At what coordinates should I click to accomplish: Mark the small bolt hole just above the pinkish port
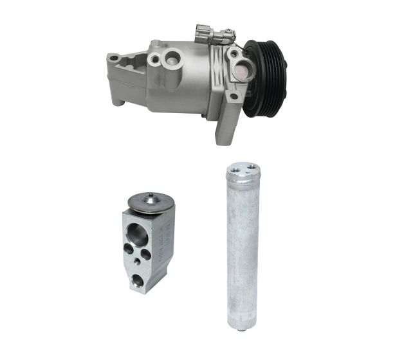[232, 55]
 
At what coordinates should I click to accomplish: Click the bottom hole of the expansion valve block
[137, 280]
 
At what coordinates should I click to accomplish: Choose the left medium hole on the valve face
[129, 248]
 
